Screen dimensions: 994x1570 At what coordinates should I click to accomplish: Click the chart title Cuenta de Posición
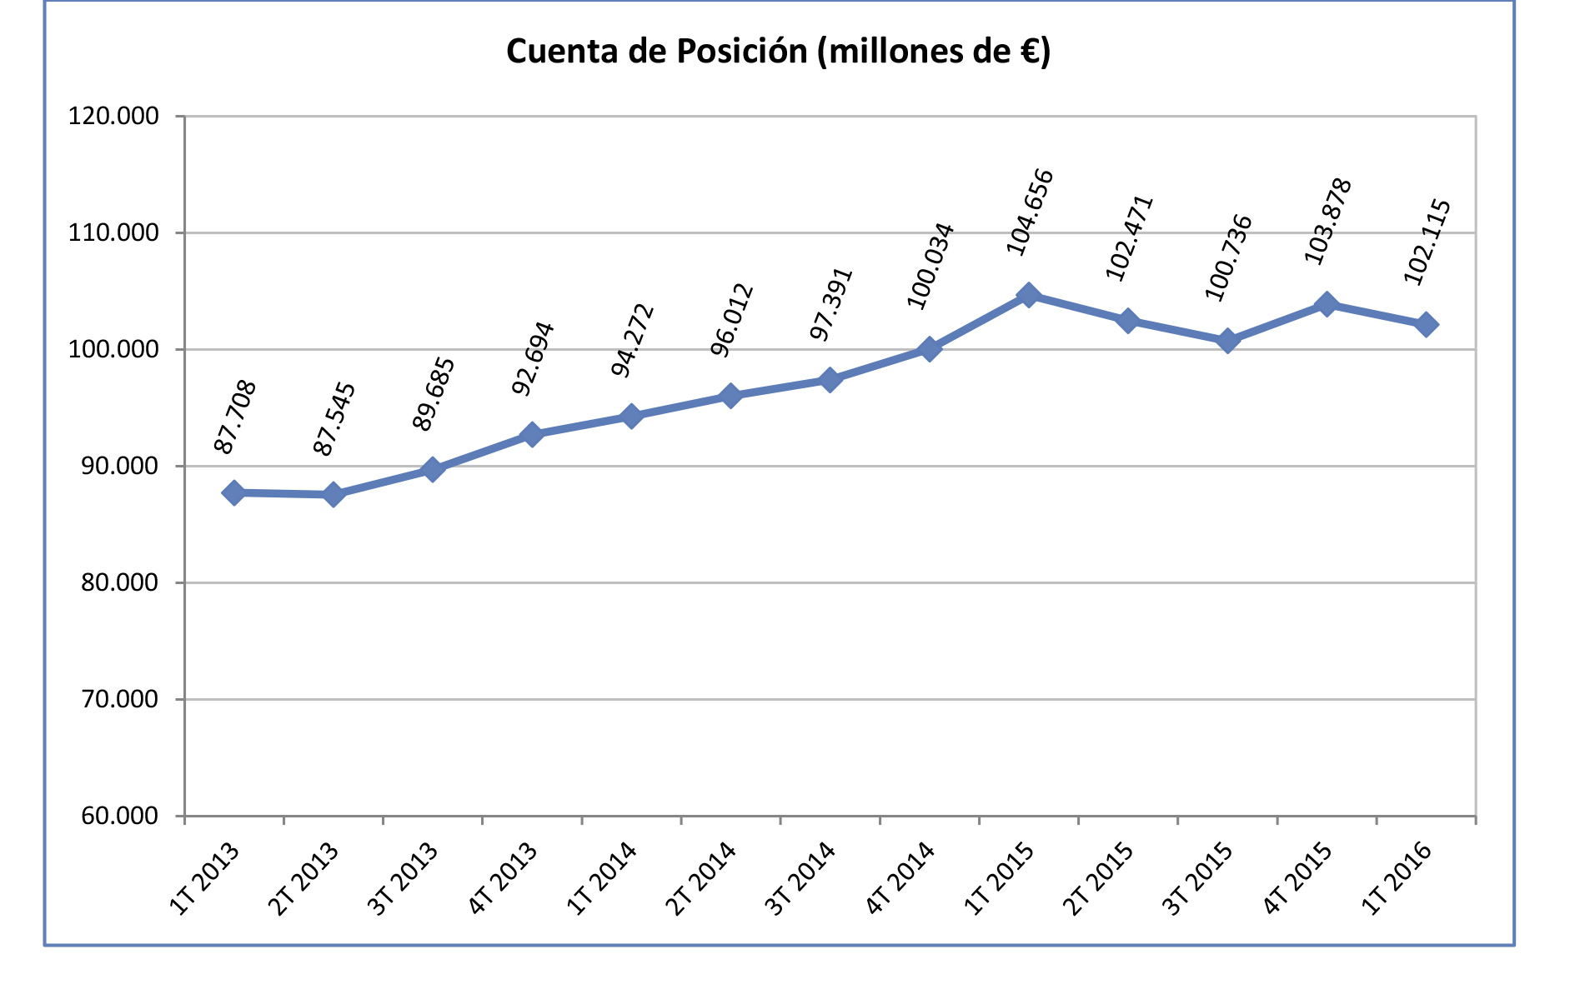[x=777, y=52]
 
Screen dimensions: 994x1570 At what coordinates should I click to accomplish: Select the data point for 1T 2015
[x=1028, y=295]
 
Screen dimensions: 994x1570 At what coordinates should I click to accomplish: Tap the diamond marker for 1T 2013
[x=233, y=493]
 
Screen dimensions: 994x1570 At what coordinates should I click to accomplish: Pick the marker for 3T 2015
[x=1227, y=341]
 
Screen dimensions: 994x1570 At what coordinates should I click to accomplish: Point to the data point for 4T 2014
[x=929, y=349]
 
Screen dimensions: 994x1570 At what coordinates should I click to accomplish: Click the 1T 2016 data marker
[x=1426, y=325]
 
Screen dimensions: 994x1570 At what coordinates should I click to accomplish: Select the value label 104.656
[x=1031, y=212]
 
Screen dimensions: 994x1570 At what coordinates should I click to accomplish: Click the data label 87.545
[x=334, y=419]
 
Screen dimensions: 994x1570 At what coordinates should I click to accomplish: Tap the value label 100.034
[x=930, y=266]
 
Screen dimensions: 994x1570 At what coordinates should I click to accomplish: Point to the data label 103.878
[x=1328, y=222]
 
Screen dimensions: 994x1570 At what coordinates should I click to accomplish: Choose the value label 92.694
[x=534, y=358]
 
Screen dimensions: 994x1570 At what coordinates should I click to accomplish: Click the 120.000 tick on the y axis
[x=113, y=116]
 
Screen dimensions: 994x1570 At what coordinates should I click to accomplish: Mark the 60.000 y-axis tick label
[x=119, y=816]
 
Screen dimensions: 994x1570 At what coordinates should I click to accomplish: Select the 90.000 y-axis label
[x=119, y=466]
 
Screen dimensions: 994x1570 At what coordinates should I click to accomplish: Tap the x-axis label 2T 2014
[x=700, y=879]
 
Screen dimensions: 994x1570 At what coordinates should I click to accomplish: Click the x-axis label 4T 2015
[x=1297, y=879]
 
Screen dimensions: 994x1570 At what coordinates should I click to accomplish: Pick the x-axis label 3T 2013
[x=403, y=879]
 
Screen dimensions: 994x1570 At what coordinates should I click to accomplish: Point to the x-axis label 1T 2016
[x=1397, y=879]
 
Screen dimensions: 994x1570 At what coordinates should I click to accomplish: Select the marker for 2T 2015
[x=1127, y=321]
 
